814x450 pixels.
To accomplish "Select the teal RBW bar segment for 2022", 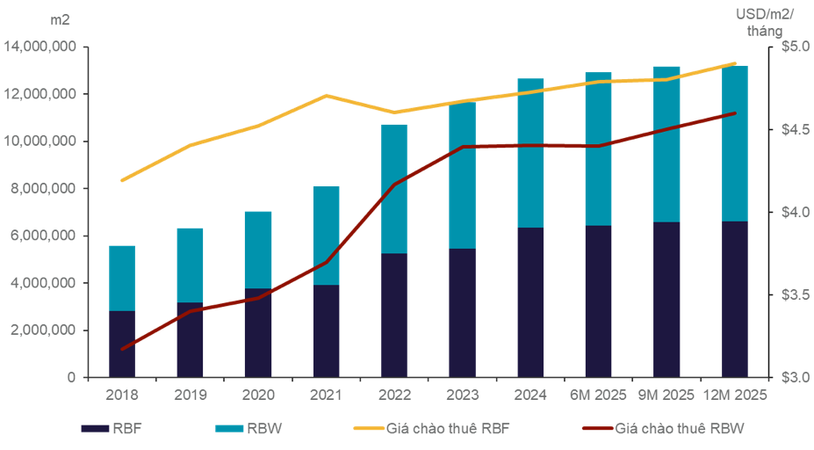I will pos(394,188).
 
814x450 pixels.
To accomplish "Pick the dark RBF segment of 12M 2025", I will pos(734,300).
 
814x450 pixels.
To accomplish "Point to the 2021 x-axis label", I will pos(326,395).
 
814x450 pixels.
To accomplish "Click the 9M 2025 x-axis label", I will pos(666,395).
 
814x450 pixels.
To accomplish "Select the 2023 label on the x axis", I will pos(462,395).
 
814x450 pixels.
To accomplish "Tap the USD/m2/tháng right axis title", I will pos(765,21).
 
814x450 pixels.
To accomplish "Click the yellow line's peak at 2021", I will pos(326,95).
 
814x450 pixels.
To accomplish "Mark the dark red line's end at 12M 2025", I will pos(734,113).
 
